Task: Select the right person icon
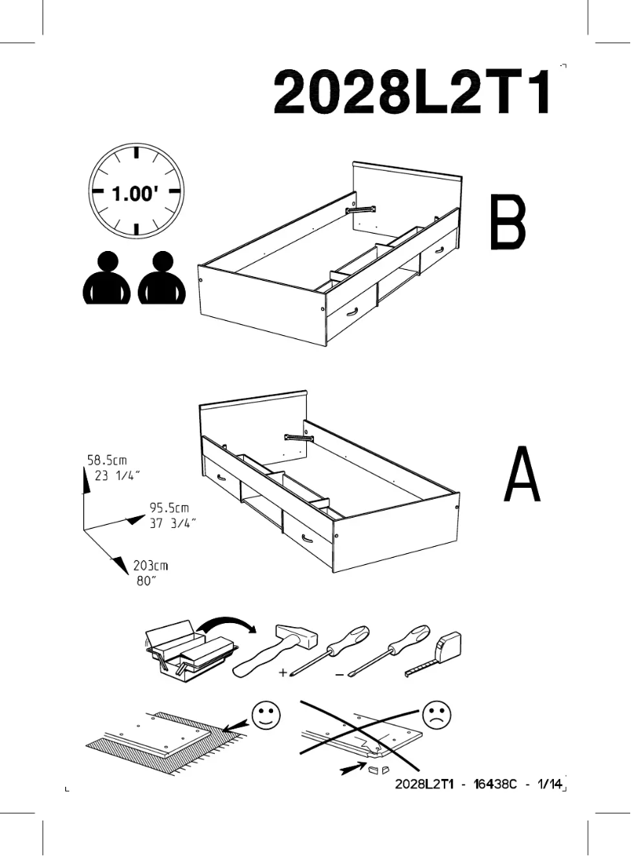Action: click(163, 279)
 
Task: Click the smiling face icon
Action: click(266, 716)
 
